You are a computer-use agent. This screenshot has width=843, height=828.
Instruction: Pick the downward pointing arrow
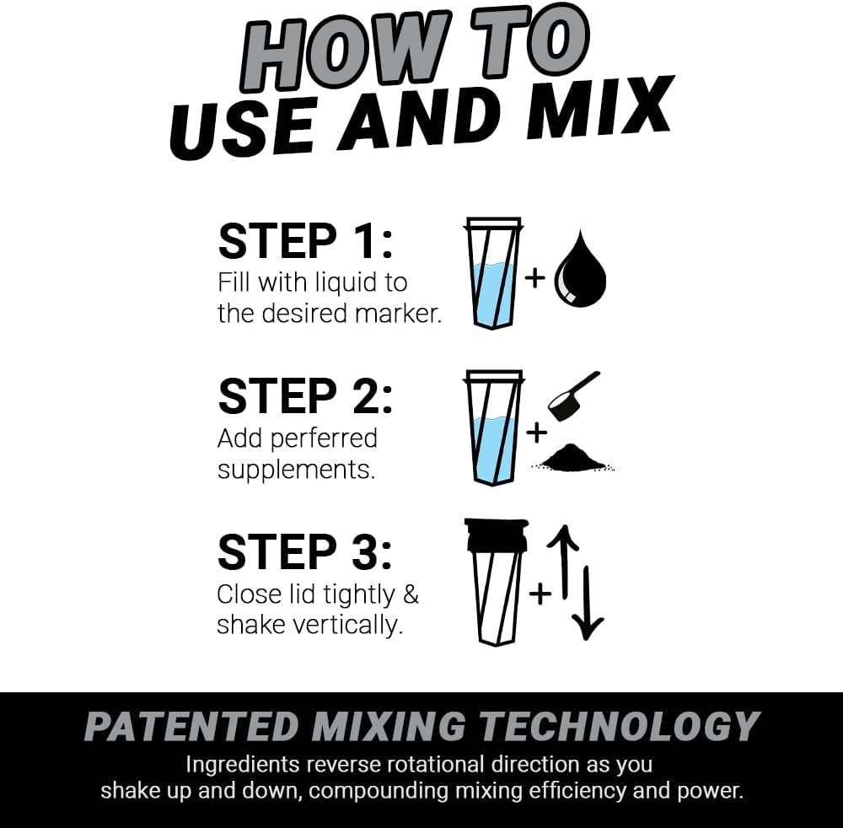pyautogui.click(x=588, y=602)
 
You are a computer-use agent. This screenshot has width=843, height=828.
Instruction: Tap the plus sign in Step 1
pyautogui.click(x=535, y=277)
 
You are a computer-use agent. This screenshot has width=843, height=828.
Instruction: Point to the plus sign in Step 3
pyautogui.click(x=540, y=593)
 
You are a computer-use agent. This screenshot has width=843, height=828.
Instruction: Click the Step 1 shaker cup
pyautogui.click(x=494, y=274)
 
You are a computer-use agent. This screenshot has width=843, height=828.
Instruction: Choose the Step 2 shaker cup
pyautogui.click(x=494, y=427)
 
